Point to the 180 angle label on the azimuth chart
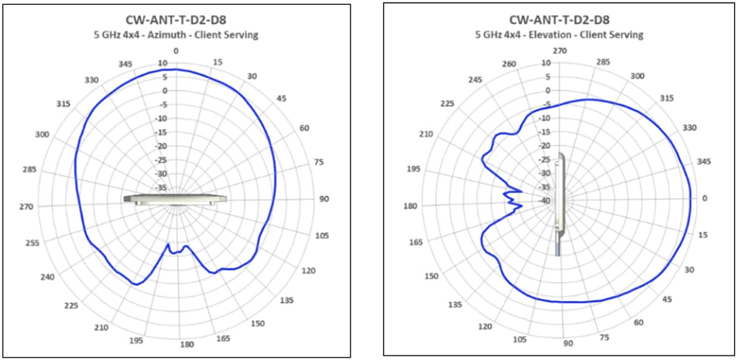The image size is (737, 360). (186, 344)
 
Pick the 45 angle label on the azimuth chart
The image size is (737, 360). (281, 98)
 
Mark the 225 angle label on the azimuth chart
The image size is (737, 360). (72, 306)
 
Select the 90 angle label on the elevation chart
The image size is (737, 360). (568, 343)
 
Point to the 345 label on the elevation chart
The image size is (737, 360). (703, 162)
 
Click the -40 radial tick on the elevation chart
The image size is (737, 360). (544, 200)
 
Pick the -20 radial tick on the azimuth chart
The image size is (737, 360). (162, 146)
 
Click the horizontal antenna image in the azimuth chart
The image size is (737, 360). (175, 199)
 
